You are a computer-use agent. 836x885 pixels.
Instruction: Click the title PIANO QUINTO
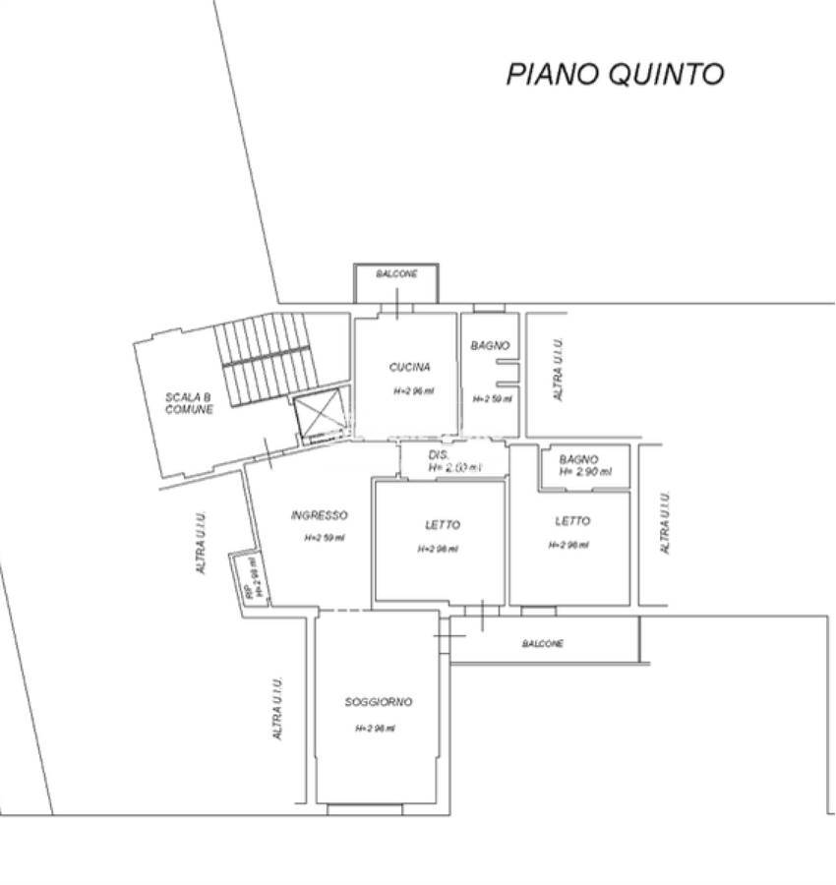pos(615,74)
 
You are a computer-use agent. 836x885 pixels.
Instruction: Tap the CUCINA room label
pos(409,368)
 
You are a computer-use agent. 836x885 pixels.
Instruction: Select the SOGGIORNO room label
pos(378,702)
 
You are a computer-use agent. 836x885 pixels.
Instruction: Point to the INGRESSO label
pos(320,515)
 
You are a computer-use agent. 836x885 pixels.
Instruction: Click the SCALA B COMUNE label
pos(189,403)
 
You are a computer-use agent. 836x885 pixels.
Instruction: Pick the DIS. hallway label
pos(439,455)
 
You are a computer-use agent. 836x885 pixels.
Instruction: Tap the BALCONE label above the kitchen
pos(396,274)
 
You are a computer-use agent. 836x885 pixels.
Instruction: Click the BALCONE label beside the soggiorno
pos(543,644)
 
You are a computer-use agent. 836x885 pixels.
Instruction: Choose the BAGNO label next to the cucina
pos(490,346)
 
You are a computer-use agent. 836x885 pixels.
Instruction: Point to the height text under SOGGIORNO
pos(375,729)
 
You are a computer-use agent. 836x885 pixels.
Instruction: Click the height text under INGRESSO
pos(324,538)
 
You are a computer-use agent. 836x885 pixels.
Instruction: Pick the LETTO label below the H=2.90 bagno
pos(572,521)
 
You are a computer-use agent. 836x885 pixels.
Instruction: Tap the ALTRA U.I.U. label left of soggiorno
pos(278,709)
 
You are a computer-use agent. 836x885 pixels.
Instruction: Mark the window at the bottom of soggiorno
pos(365,810)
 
